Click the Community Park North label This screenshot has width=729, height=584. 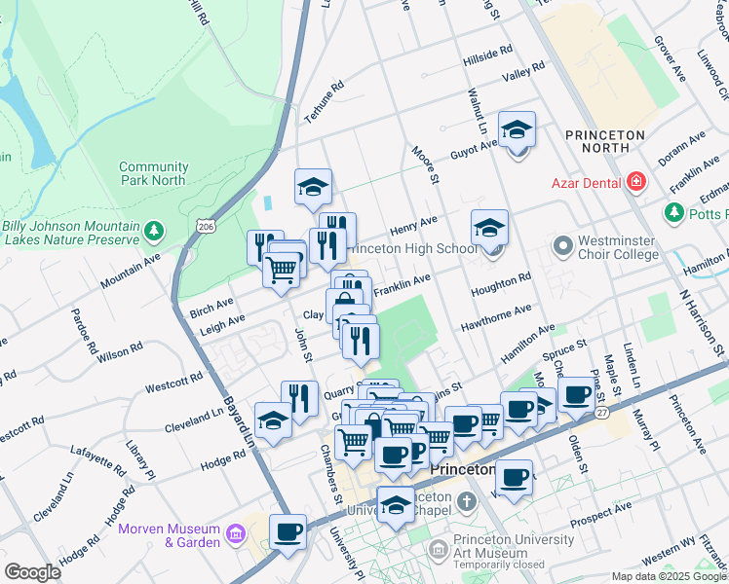[x=153, y=173]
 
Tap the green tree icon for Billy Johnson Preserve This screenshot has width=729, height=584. [x=153, y=231]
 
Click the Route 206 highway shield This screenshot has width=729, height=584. [x=205, y=226]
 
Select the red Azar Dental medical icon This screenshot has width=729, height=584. [x=636, y=181]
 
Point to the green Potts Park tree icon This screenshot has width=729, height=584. [x=672, y=211]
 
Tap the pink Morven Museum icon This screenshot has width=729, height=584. [x=235, y=533]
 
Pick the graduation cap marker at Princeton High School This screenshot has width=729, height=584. [x=489, y=227]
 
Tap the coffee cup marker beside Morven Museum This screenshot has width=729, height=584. [x=288, y=531]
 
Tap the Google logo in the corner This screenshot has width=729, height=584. [x=32, y=572]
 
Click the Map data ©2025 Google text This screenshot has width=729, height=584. [x=669, y=576]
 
